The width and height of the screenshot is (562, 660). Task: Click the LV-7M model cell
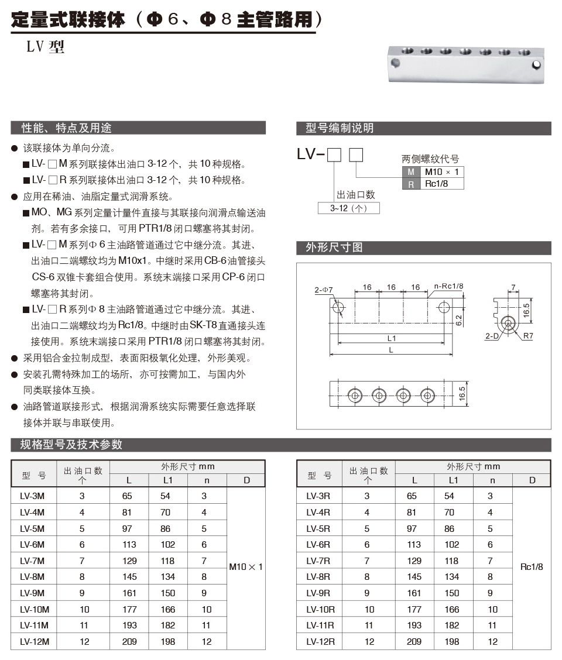point(32,561)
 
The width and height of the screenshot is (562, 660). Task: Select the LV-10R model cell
point(320,609)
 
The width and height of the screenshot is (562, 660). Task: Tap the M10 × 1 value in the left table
point(246,567)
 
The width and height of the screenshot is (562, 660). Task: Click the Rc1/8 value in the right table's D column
point(532,567)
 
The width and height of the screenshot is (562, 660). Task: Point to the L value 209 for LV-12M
point(129,641)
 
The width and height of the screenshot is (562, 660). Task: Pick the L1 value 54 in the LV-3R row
point(449,496)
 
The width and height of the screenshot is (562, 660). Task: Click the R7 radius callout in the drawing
point(529,336)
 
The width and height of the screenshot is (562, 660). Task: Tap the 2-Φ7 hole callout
point(323,290)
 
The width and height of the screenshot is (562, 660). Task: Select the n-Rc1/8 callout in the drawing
point(449,287)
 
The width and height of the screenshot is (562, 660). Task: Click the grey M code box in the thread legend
point(411,171)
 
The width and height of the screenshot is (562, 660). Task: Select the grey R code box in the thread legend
point(411,184)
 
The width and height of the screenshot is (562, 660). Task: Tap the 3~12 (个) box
point(348,208)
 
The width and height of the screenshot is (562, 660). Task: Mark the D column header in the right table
point(532,480)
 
